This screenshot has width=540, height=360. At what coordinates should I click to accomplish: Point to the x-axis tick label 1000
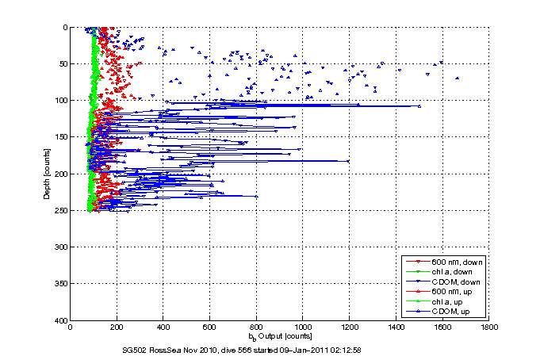pos(303,327)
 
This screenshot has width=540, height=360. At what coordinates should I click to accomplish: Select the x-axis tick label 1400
pos(396,327)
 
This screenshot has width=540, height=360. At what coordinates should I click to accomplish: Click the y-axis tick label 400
pos(59,320)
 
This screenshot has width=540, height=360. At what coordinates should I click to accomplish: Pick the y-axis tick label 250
pos(59,210)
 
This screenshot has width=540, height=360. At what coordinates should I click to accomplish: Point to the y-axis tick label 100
pos(59,101)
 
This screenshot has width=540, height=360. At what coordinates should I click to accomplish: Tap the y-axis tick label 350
pos(59,284)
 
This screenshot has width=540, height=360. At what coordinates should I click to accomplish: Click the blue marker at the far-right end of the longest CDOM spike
pos(419,105)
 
